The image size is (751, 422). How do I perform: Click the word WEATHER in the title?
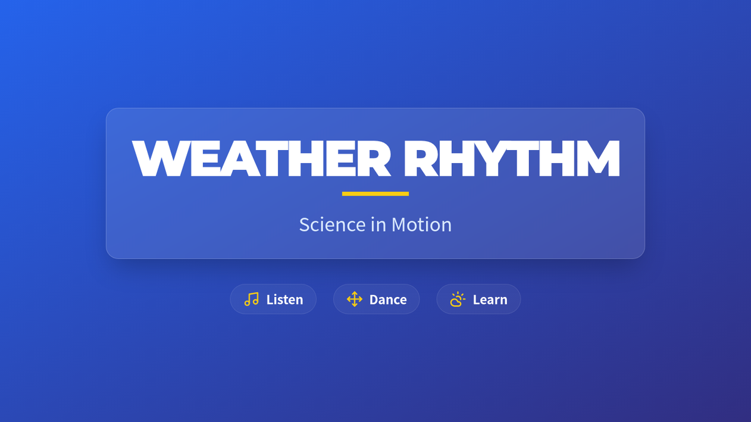point(262,158)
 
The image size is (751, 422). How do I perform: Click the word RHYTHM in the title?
point(512,158)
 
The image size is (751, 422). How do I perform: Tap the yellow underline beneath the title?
point(375,194)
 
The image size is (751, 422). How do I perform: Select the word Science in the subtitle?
point(332,224)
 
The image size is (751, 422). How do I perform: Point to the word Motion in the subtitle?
point(421,224)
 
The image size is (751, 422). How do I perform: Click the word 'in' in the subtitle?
point(379,224)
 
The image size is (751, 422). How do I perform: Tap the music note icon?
point(252,299)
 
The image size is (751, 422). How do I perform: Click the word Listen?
point(285,299)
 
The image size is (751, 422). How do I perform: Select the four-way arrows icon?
point(355,299)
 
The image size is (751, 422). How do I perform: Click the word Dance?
point(388,299)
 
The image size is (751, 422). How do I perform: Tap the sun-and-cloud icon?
point(458,299)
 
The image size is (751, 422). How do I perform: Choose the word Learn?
point(490,299)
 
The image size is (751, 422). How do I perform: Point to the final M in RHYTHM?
point(598,158)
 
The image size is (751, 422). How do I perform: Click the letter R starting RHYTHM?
point(421,158)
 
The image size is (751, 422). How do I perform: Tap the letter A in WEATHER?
point(240,158)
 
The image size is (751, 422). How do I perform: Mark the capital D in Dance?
point(374,299)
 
